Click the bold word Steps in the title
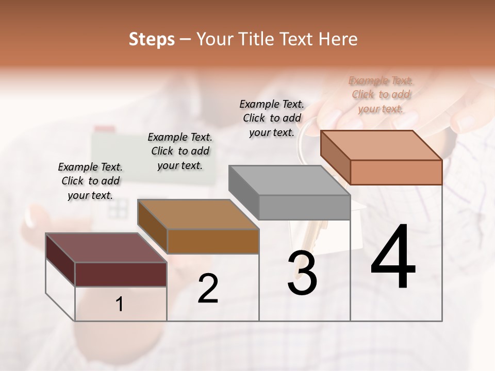(x=151, y=39)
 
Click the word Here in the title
(x=338, y=39)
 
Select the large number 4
(x=393, y=258)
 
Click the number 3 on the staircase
(x=302, y=274)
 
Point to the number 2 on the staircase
(x=208, y=289)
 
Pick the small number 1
(x=120, y=305)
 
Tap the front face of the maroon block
(x=121, y=274)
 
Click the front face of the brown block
(x=213, y=241)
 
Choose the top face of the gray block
(x=289, y=180)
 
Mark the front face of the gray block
(x=304, y=207)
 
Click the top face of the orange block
(x=381, y=145)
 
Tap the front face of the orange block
(x=396, y=172)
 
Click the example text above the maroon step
(x=90, y=181)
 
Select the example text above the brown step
(x=180, y=151)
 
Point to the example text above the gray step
(x=272, y=118)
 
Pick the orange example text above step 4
(x=381, y=94)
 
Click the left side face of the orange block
(x=335, y=157)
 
